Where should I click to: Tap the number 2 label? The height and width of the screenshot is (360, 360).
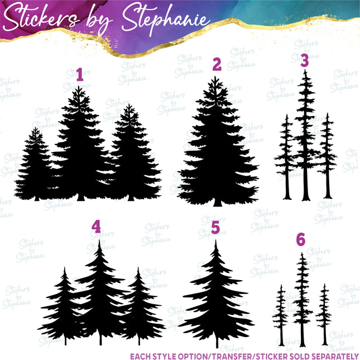[217, 65]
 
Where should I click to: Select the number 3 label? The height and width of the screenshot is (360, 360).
[304, 61]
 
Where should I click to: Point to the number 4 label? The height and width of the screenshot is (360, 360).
[97, 227]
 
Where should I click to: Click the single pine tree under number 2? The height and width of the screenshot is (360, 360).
[217, 151]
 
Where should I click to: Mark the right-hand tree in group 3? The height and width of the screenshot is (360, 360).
[327, 156]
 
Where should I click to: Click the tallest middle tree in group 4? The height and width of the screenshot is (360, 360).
[100, 290]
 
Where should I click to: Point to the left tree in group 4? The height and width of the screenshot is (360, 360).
[65, 310]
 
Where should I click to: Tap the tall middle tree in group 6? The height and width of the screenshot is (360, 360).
[302, 296]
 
